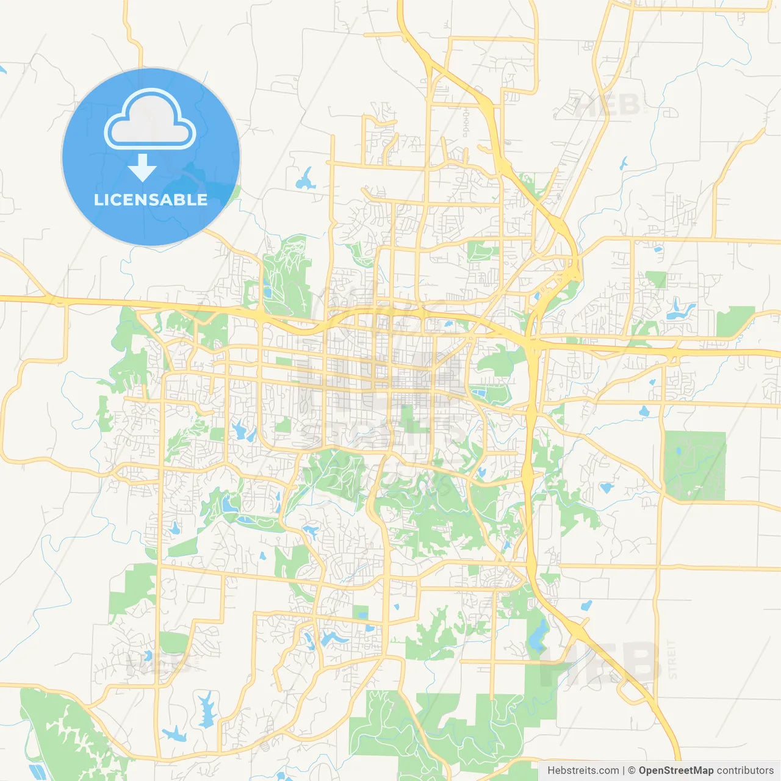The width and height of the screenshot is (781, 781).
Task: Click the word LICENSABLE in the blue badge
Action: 150,200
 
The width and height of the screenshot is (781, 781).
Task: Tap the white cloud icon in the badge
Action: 149,120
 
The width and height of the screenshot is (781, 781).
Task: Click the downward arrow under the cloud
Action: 142,168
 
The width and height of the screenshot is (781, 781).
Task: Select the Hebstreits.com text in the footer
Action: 583,771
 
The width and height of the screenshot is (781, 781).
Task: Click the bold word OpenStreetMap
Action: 675,771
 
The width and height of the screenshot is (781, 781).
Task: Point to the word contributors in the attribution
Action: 744,771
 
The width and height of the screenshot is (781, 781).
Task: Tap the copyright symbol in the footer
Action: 632,771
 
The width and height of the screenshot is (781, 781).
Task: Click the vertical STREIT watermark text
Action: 672,660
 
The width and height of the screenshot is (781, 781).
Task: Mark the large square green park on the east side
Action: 694,466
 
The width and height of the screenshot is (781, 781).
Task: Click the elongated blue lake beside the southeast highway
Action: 538,635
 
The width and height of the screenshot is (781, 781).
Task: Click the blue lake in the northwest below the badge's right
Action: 304,179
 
